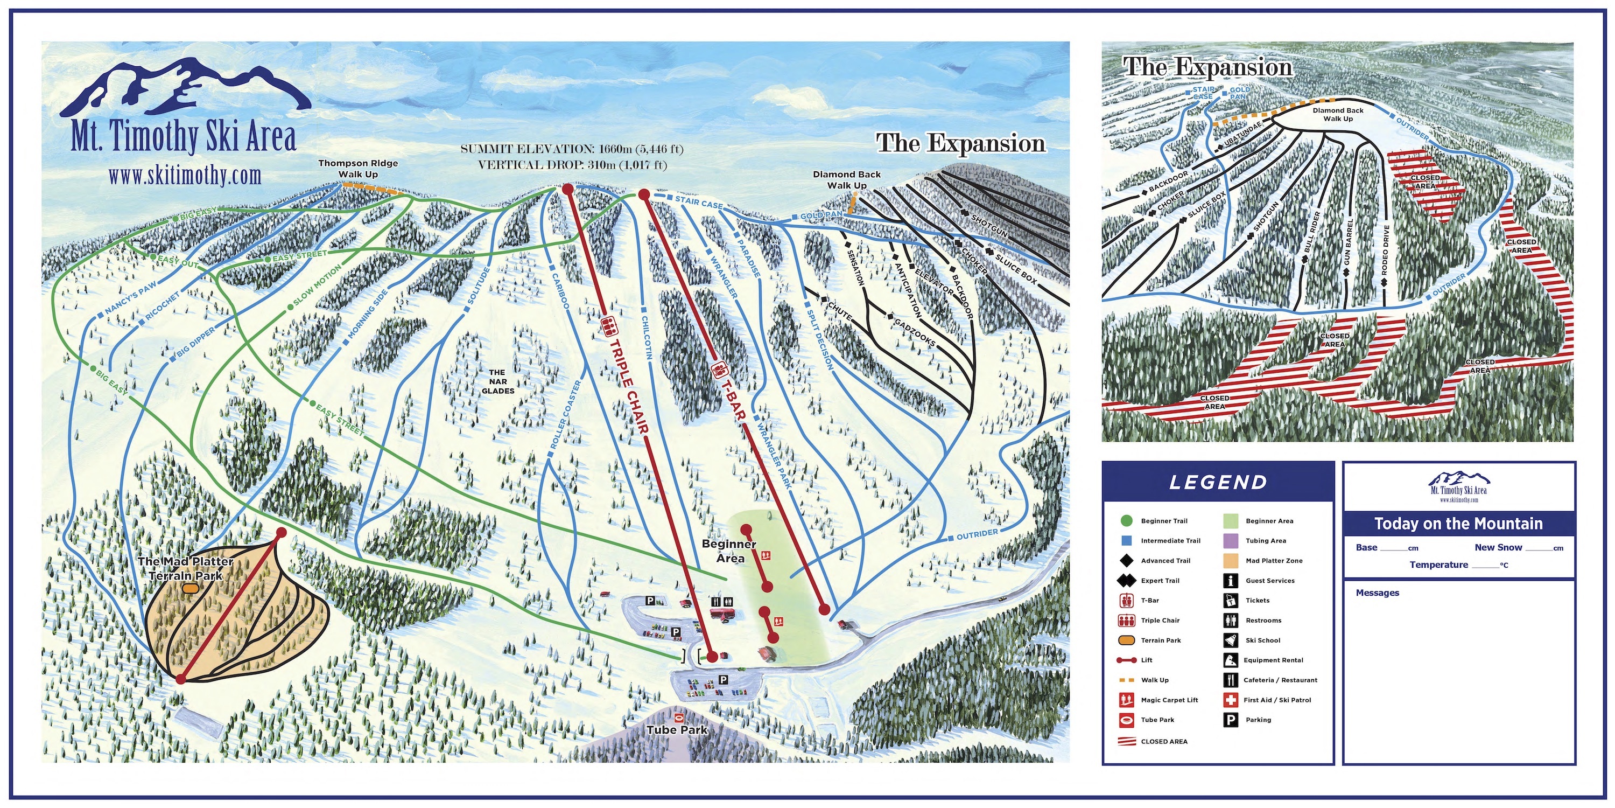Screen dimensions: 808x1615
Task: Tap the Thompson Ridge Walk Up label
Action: point(358,168)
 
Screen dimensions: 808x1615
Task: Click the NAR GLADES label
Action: point(498,381)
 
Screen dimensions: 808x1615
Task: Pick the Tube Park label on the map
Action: point(677,729)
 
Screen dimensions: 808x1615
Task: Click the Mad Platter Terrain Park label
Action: point(186,568)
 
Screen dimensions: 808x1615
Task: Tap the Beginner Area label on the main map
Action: point(729,552)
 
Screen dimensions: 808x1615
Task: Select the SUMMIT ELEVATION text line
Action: point(572,149)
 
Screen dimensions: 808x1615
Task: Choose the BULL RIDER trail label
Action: point(1312,232)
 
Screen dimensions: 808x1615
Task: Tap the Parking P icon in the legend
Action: point(1231,720)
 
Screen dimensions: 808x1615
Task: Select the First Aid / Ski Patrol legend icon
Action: point(1231,700)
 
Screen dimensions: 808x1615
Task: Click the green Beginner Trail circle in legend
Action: point(1126,520)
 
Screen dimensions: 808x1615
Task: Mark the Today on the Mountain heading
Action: point(1458,524)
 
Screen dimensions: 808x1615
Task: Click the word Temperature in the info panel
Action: point(1439,565)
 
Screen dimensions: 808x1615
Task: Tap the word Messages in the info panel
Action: point(1378,593)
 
